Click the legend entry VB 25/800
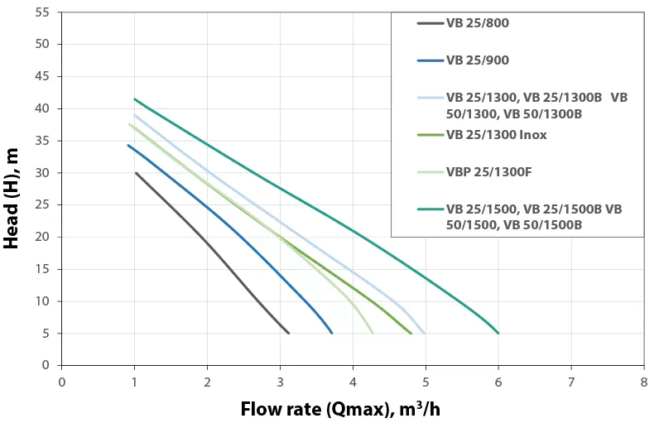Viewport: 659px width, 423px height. (x=477, y=23)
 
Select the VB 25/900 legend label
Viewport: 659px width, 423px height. (x=477, y=60)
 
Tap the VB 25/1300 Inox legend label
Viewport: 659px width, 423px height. (x=496, y=135)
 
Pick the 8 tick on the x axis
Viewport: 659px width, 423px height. (x=643, y=382)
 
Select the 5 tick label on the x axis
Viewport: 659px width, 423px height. (x=426, y=382)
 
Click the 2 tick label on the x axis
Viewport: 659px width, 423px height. (x=207, y=382)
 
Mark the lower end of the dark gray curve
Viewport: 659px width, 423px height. (x=288, y=333)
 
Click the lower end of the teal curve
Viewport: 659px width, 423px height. (x=498, y=333)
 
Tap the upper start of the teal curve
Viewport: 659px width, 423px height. (x=135, y=99)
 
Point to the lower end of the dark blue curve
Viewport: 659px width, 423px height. (x=332, y=333)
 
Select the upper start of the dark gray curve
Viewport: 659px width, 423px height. (x=136, y=173)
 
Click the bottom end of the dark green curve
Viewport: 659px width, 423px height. (x=411, y=333)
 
